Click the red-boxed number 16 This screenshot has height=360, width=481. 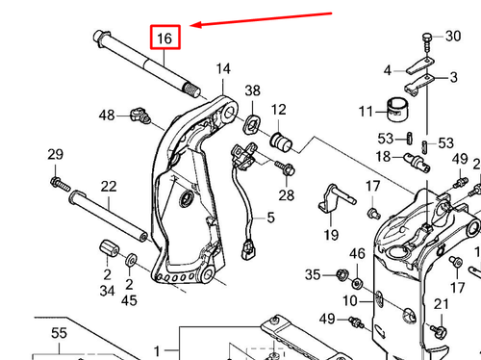(165, 39)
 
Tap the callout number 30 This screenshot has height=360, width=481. (452, 37)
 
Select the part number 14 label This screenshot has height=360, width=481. (223, 69)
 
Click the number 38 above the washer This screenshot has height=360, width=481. (252, 91)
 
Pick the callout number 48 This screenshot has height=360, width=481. (107, 116)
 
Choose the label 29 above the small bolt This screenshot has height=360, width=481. (55, 156)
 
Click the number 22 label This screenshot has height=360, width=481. (109, 186)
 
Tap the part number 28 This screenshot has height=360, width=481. (286, 195)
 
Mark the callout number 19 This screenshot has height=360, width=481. (330, 235)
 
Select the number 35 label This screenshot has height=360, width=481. (313, 275)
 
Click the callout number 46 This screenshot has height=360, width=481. (357, 254)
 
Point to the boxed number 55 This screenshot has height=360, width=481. (58, 334)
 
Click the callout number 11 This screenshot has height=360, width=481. (366, 112)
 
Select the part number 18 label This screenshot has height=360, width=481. (383, 156)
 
